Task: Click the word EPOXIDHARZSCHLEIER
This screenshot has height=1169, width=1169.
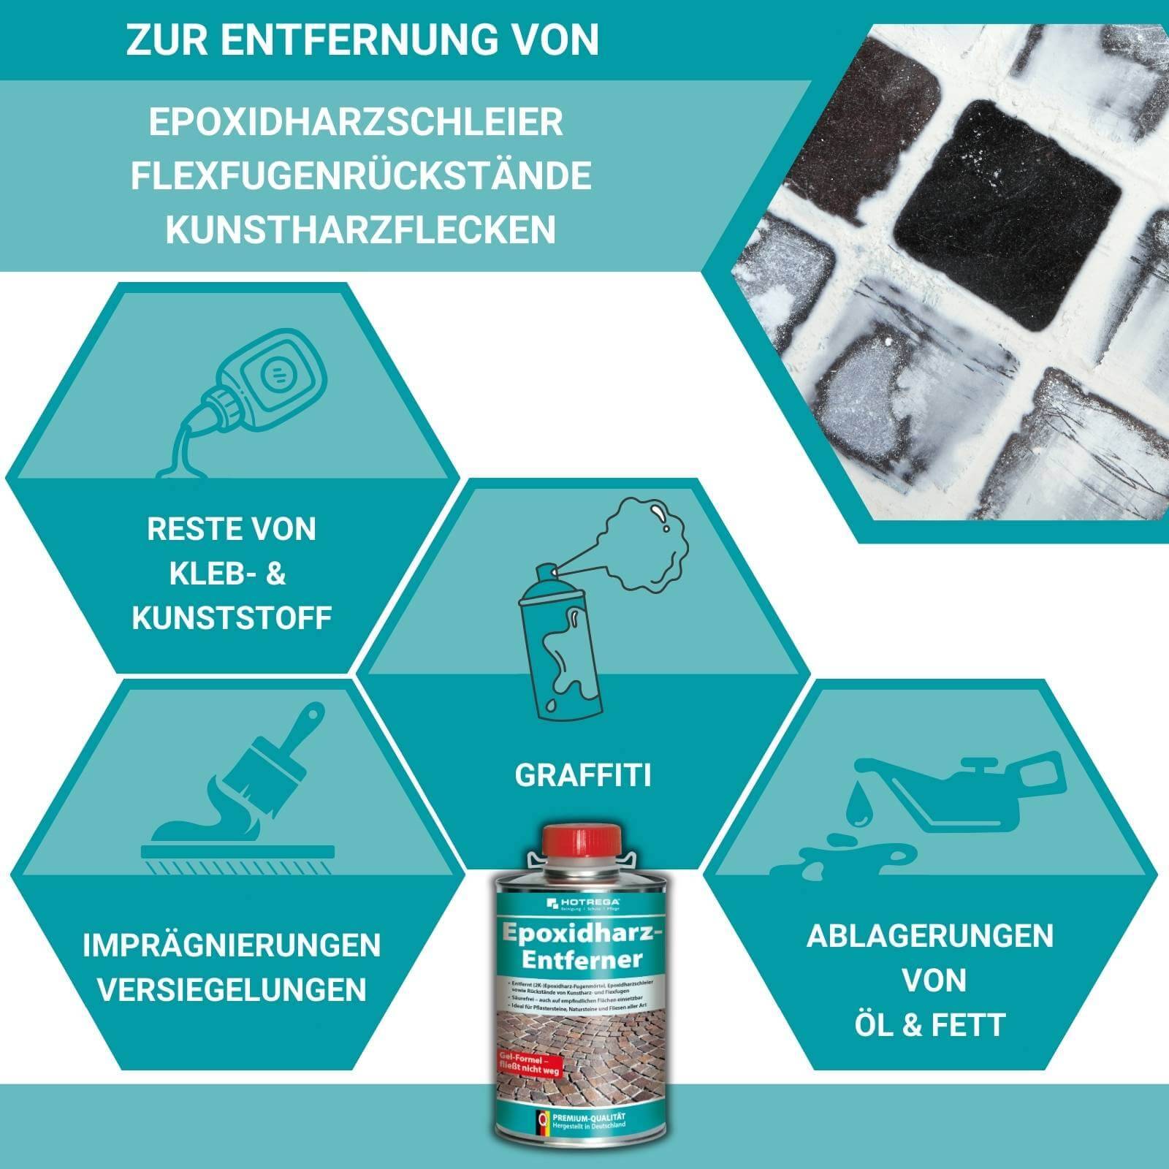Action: click(356, 123)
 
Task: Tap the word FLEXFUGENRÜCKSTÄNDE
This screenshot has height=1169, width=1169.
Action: click(361, 176)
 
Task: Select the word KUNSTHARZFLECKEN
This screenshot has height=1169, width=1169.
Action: click(360, 229)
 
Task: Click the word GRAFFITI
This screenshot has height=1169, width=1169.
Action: click(582, 776)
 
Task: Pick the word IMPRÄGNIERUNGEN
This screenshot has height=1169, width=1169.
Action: click(232, 945)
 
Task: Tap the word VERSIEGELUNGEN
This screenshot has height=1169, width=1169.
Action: click(232, 990)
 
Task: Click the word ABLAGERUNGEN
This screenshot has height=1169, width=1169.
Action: click(930, 937)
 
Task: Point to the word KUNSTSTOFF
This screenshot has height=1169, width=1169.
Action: click(232, 618)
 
